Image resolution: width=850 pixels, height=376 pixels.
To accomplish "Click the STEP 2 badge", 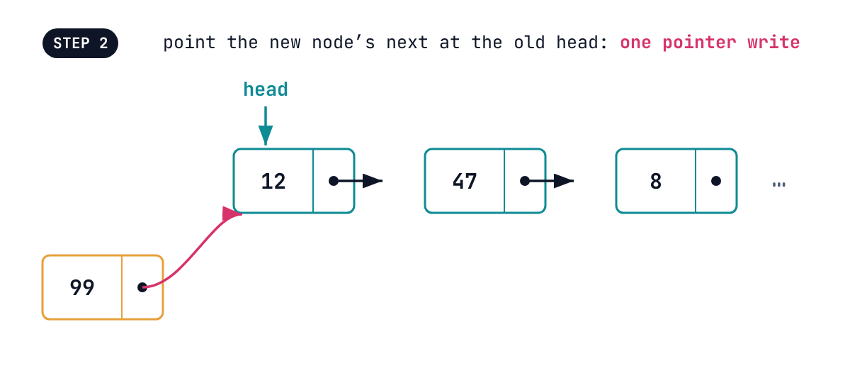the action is coord(80,43).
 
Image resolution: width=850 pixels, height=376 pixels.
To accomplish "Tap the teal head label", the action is coord(266,89).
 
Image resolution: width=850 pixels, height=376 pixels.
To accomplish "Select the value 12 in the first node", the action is coord(273,182).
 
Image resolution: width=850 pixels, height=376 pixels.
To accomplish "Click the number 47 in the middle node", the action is coord(465,182).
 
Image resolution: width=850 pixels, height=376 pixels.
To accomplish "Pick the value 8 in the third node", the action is coord(656,182).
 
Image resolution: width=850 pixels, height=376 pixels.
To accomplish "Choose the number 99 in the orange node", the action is coord(82,287).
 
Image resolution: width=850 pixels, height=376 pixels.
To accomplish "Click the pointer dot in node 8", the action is coord(716,181).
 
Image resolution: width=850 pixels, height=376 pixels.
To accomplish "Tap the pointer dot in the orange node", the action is coord(142,287).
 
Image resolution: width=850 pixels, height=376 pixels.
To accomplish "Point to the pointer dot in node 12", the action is coord(334,181).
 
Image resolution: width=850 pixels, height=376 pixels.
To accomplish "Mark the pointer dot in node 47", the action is coord(525,181).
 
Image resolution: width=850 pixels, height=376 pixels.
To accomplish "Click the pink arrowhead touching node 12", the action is coord(231,214).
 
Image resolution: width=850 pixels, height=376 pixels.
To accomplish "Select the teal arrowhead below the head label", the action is coord(266,135).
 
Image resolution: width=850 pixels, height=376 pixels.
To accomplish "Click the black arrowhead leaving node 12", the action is coord(373,181).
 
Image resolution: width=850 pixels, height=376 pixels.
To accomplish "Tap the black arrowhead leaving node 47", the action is coord(564,181).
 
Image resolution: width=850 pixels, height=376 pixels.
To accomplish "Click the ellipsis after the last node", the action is coord(779,184).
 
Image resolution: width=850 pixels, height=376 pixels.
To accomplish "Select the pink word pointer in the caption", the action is coord(699,43).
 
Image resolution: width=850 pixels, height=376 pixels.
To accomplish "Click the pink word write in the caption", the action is coord(773,42).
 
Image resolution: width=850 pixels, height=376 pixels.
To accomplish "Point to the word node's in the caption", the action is coord(344,42).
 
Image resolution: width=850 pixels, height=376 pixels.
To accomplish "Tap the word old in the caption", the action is coord(529,42).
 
